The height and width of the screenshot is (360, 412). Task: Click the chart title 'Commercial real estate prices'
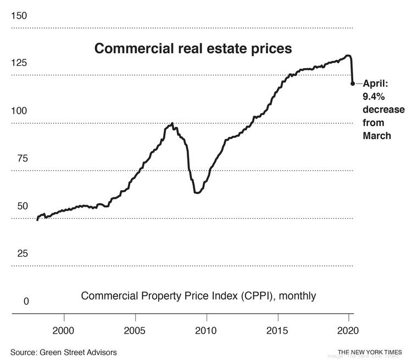[x=193, y=48]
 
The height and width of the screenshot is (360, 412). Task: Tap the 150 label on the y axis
[x=19, y=16]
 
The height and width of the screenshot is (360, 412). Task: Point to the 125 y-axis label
[x=19, y=63]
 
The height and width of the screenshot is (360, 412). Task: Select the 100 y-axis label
[x=19, y=110]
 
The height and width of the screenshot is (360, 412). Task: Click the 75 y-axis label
[x=23, y=158]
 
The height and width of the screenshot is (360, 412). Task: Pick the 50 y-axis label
[x=23, y=206]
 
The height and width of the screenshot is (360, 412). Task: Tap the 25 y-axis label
[x=23, y=253]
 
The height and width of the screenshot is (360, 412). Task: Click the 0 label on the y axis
[x=26, y=301]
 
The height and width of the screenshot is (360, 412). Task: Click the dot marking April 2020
[x=353, y=84]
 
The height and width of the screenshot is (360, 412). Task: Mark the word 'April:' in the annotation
[x=376, y=84]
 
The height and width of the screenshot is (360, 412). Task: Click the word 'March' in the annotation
[x=377, y=135]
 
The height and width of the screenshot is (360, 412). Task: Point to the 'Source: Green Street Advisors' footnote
[x=63, y=352]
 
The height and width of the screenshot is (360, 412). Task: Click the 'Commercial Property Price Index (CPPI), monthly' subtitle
[x=198, y=296]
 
